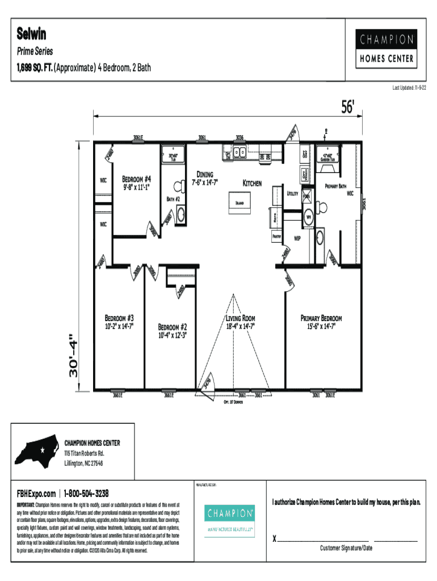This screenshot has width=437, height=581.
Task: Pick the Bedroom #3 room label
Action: tap(119, 318)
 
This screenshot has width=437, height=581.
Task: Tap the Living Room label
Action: tap(241, 318)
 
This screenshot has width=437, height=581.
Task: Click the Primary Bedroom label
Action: tap(321, 318)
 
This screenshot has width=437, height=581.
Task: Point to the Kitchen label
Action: tap(252, 183)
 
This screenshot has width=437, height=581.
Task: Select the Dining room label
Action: tap(205, 174)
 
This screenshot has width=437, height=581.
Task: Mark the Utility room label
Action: tap(293, 193)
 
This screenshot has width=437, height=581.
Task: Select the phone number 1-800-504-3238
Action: tap(86, 493)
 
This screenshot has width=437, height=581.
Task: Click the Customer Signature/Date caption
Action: tap(346, 548)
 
